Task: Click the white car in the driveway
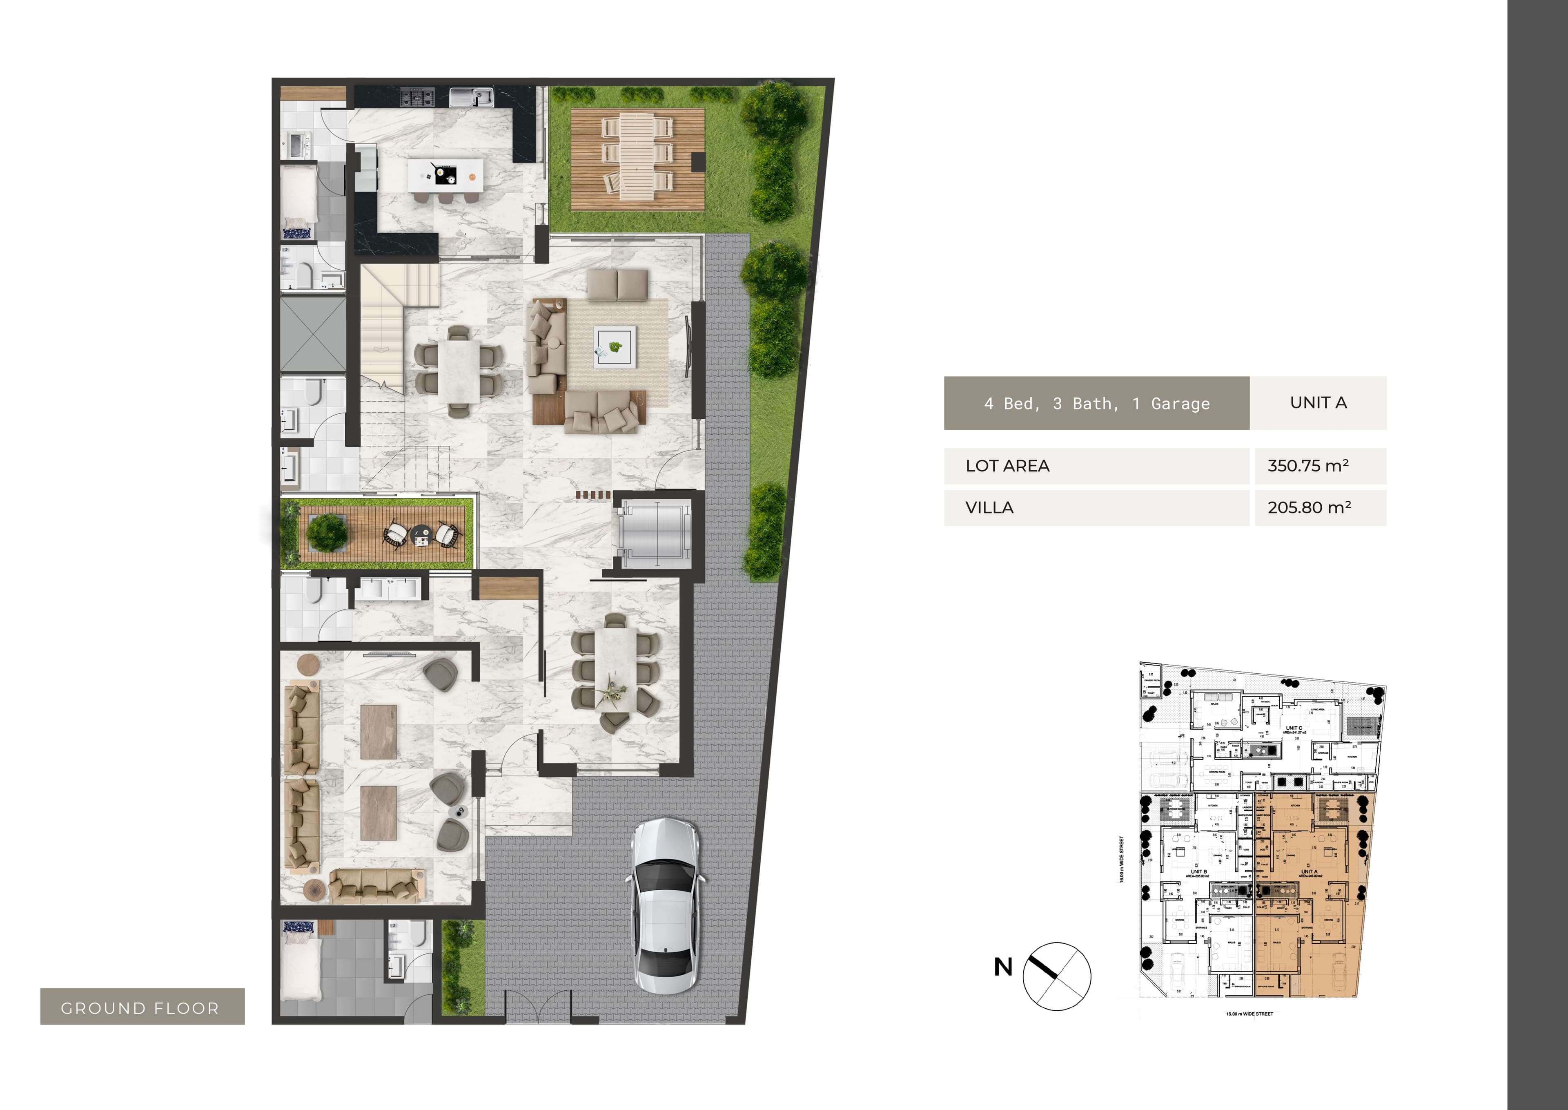click(x=666, y=906)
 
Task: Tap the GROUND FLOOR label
click(x=141, y=1007)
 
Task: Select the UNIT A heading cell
click(x=1318, y=402)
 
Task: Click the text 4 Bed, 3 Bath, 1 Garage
click(x=1096, y=403)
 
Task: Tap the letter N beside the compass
click(x=1003, y=967)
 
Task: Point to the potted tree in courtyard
click(x=327, y=532)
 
